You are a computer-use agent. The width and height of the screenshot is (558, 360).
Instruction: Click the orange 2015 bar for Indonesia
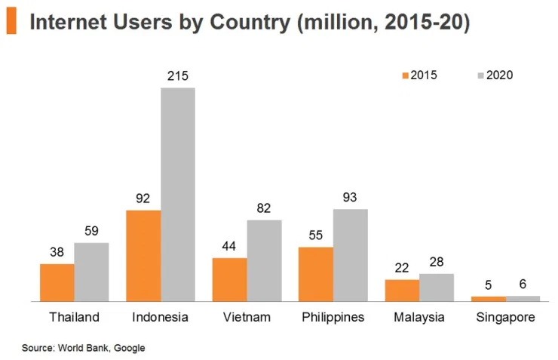tap(143, 256)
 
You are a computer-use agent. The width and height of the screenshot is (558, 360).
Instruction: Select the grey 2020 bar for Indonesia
tap(178, 195)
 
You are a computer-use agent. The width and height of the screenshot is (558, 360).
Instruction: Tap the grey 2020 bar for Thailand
tap(91, 272)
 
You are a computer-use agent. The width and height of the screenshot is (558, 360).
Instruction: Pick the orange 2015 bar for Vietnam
tap(229, 279)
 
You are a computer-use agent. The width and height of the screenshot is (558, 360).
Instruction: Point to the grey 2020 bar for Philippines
tap(351, 255)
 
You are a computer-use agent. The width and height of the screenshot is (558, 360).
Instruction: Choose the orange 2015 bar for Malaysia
tap(402, 291)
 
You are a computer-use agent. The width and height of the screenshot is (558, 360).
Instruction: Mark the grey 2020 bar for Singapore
tap(523, 298)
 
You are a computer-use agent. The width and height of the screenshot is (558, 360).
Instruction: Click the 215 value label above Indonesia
tap(178, 76)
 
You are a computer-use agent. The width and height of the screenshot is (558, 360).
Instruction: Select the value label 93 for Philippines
tap(351, 197)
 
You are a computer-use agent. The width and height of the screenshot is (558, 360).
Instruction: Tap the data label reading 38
tap(57, 253)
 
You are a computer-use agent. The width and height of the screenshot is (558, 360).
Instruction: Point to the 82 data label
tap(264, 208)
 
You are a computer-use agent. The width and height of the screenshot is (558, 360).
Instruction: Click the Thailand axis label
tap(74, 317)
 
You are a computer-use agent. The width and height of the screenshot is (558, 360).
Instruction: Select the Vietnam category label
tap(247, 317)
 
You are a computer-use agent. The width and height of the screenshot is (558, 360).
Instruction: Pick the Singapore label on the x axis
tap(505, 317)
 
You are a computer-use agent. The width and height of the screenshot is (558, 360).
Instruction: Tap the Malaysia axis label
tap(419, 317)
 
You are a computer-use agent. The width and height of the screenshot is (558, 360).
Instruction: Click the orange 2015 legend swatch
tap(406, 75)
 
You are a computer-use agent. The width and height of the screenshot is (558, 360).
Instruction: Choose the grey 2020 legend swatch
tap(481, 75)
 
